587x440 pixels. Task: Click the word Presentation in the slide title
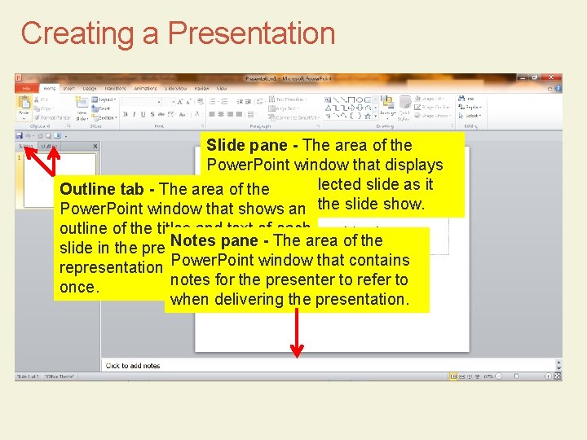coord(251,33)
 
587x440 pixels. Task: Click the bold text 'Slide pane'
coord(246,145)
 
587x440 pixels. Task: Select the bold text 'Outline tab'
coord(101,190)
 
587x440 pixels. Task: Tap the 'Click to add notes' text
coord(133,366)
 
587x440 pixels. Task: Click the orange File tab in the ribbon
coord(26,88)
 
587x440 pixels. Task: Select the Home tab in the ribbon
coord(49,88)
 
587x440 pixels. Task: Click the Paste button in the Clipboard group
coord(24,105)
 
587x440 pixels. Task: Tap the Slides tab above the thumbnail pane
coord(28,146)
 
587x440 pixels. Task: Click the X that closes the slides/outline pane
coord(95,146)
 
